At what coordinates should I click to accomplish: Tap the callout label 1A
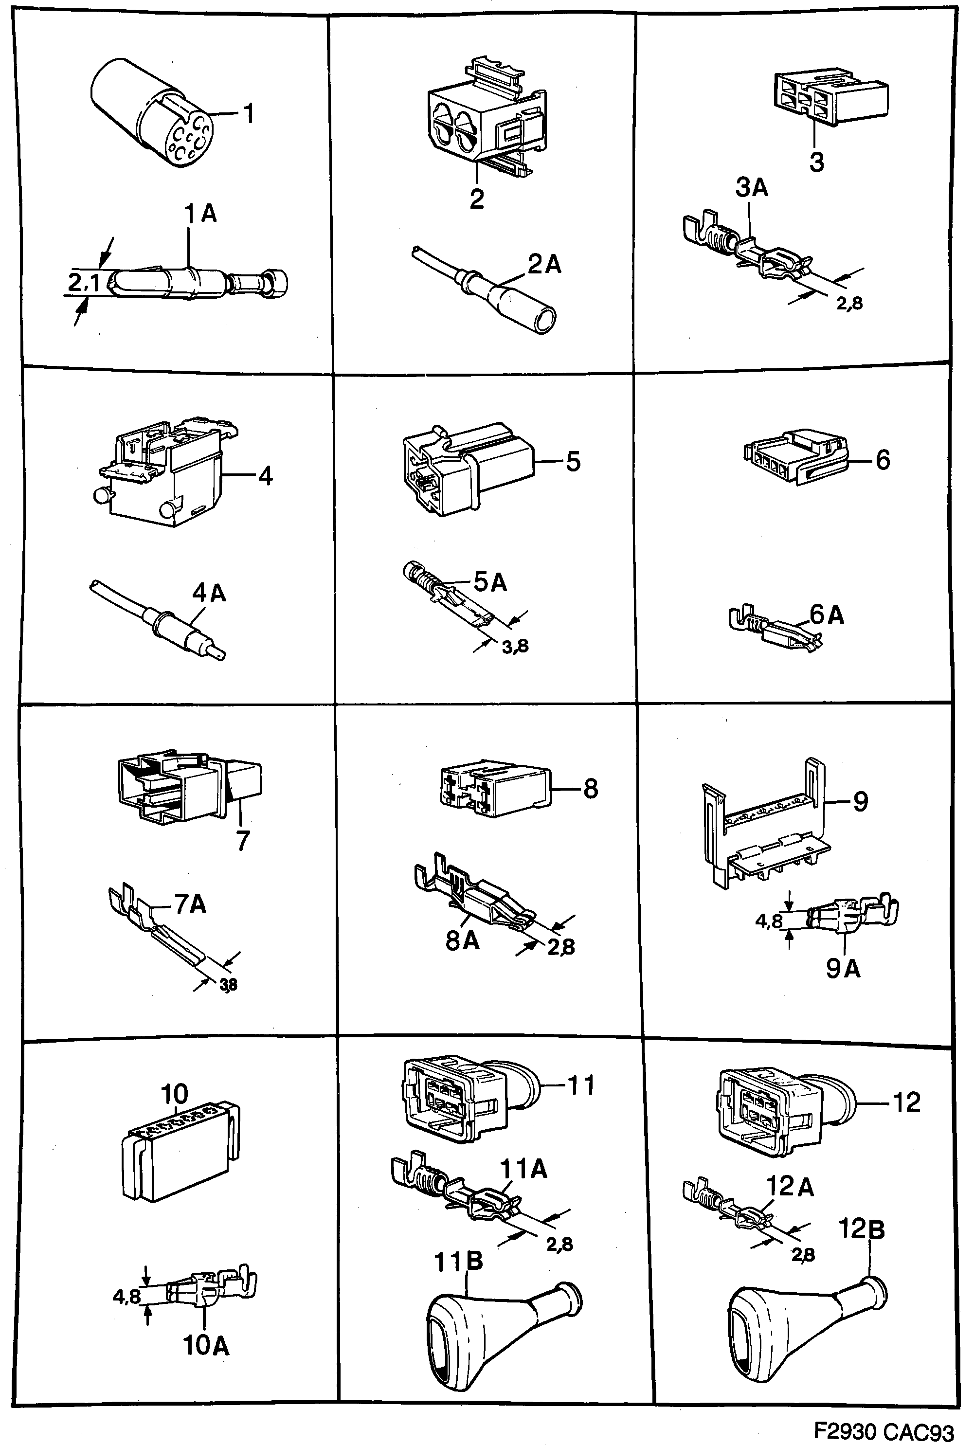[x=200, y=215]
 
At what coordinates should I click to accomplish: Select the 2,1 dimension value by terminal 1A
[x=83, y=283]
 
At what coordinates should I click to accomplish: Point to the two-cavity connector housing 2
[x=485, y=122]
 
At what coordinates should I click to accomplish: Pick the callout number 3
[x=816, y=163]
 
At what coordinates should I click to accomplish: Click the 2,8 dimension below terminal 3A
[x=849, y=304]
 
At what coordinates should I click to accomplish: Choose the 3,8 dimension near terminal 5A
[x=515, y=647]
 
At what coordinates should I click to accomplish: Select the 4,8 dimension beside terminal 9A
[x=768, y=922]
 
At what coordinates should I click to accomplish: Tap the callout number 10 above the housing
[x=174, y=1093]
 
